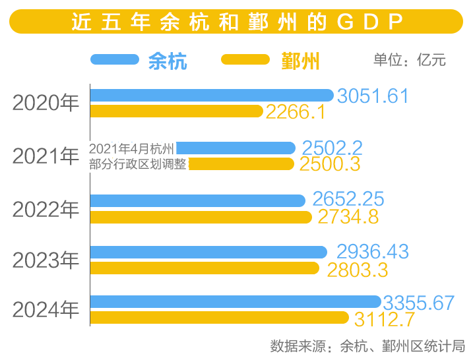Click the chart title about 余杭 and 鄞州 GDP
237,22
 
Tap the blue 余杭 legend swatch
115,59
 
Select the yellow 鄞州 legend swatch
245,59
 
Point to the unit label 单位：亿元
409,60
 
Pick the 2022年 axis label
46,209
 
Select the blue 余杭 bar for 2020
211,95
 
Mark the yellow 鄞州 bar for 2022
201,217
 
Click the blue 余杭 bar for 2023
208,252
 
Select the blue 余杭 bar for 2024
235,302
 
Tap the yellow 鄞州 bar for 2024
219,318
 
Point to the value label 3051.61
373,96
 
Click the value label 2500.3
330,164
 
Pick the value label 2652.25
348,199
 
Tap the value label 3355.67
419,303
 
